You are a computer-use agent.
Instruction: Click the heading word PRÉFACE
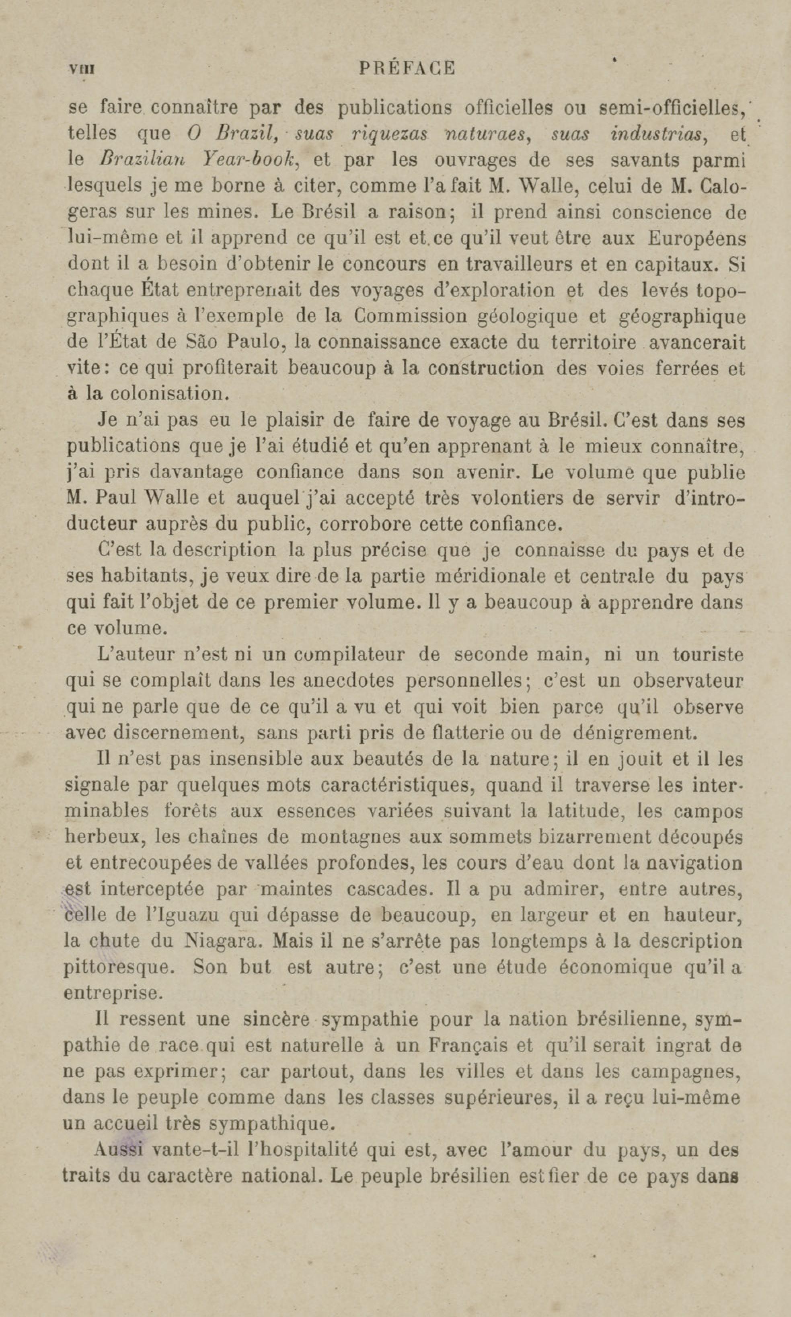(x=408, y=69)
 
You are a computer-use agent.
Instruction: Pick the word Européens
(x=696, y=238)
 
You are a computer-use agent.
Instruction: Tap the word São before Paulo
(x=200, y=342)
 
